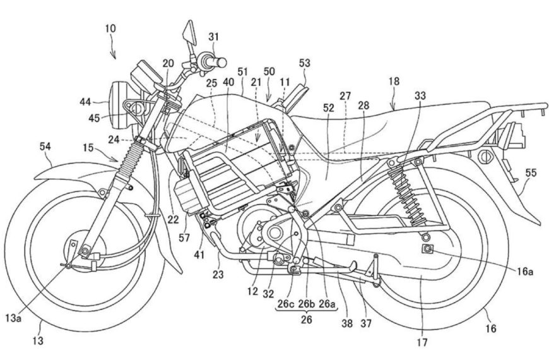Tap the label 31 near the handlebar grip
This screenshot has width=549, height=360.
[x=213, y=37]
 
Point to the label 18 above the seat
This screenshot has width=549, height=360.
[x=395, y=81]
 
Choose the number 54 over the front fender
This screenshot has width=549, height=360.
[x=45, y=147]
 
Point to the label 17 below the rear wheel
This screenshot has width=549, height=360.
[x=422, y=343]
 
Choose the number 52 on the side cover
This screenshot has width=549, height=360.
[x=328, y=108]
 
